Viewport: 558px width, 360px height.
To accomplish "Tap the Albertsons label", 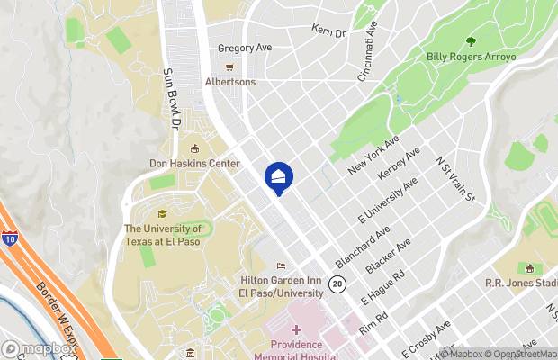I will pos(229,82).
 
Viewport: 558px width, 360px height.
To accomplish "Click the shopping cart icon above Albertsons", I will pos(229,67).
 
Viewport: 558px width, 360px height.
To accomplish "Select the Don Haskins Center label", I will pos(194,164).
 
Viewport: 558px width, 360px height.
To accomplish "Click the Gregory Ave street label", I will pos(245,49).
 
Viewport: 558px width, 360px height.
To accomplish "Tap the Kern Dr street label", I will pos(328,31).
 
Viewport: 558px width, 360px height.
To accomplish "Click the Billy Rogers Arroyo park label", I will pos(471,57).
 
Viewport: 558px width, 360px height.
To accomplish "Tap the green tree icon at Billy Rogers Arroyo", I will pos(471,41).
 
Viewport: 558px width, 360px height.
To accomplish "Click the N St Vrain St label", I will pos(454,178).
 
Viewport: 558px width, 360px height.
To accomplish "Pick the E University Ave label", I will pos(387,201).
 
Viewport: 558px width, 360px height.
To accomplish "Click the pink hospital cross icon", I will pos(296,331).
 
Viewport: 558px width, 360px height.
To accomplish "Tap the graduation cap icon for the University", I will pos(162,213).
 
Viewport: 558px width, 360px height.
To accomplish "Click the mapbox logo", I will pos(40,349).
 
